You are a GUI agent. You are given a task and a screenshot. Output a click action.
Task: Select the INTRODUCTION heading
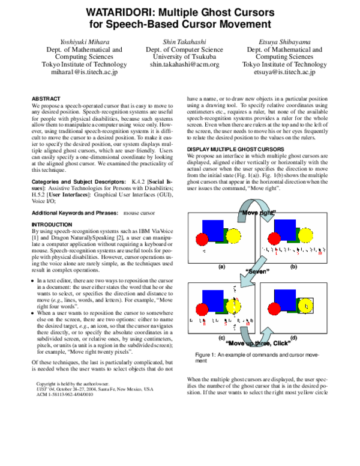point(55,224)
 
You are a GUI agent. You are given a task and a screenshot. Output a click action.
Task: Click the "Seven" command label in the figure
point(257,271)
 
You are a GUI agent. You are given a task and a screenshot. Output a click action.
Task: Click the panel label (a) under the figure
point(221,265)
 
